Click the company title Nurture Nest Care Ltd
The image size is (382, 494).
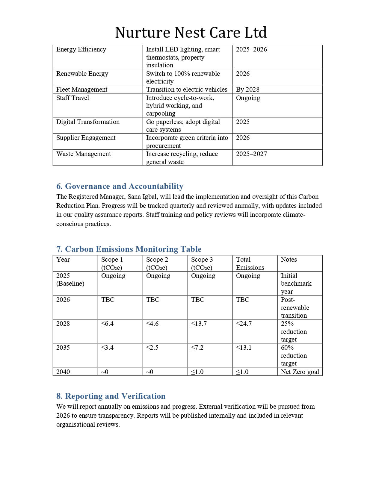[x=191, y=33]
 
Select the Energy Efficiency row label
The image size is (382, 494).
[x=81, y=49]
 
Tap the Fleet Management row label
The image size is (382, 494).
[x=82, y=90]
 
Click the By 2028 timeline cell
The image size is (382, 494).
[x=248, y=90]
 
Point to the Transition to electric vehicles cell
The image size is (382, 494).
[x=187, y=90]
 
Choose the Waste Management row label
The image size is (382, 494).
[x=84, y=154]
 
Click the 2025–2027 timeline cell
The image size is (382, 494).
[x=251, y=154]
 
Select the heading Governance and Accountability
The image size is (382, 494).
[x=120, y=186]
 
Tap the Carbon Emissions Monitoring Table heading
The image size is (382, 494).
[x=129, y=249]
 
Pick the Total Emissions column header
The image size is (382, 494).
[x=250, y=263]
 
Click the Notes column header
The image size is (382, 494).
[x=289, y=260]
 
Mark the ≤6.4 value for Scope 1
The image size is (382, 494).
[x=108, y=324]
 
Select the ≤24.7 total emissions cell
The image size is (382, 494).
[x=244, y=324]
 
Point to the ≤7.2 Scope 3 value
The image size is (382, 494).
[x=197, y=348]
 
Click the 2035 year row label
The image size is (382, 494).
[x=63, y=348]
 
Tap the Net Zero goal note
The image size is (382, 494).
[x=300, y=372]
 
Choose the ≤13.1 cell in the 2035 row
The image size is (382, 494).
[x=244, y=348]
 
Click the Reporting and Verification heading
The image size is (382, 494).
[x=111, y=396]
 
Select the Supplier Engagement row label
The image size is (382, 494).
[x=86, y=138]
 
